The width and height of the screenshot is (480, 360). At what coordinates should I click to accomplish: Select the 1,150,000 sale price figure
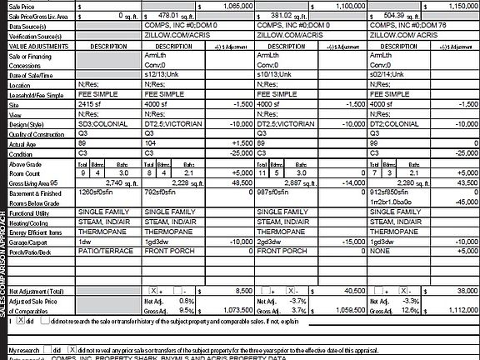(461, 5)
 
